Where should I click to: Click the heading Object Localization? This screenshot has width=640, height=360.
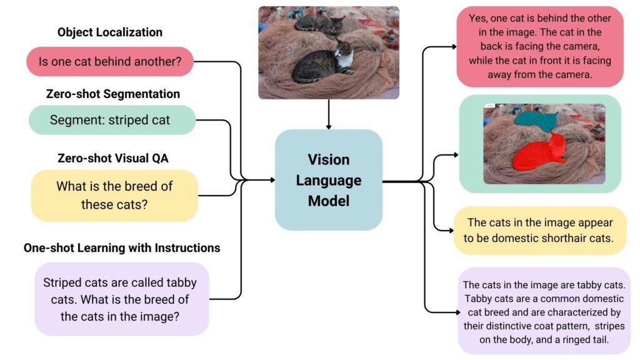point(110,32)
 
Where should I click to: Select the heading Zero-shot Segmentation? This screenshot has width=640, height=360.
point(113,94)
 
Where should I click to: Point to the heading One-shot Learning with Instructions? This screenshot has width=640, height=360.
point(122,247)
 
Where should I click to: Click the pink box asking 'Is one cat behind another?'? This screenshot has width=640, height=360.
point(110,62)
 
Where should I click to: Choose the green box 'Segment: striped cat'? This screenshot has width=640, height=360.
point(110,120)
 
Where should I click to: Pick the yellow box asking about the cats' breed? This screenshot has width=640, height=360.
point(114,195)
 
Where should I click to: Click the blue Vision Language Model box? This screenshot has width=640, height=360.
point(329,180)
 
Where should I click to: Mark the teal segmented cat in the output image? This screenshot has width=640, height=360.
point(534,119)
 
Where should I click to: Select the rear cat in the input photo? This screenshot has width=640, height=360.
point(319,24)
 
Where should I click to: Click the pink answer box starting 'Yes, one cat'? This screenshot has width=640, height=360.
point(540,46)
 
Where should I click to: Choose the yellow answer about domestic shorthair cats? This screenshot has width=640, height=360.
point(540,231)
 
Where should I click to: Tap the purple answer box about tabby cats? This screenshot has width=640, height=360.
point(544,311)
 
